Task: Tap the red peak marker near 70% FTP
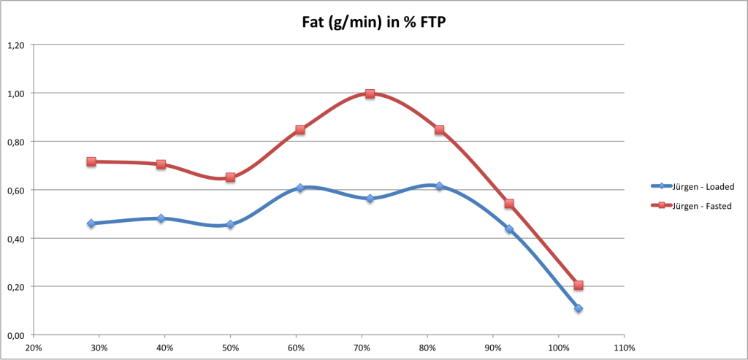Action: (370, 93)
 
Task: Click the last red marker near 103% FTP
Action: (579, 286)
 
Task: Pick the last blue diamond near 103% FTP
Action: (579, 308)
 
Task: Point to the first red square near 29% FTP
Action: (91, 161)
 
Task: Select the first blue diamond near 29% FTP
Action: (91, 223)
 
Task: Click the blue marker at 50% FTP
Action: (230, 224)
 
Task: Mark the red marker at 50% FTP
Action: (230, 177)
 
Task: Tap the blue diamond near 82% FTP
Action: (439, 186)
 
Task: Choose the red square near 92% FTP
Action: (509, 204)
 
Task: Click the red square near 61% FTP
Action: (300, 130)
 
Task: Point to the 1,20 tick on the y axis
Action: (15, 45)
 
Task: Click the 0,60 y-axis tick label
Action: (15, 190)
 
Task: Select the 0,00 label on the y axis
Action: (15, 335)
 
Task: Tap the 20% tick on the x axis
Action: (34, 348)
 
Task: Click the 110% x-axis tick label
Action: (624, 348)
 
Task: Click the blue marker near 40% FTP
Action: (161, 218)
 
